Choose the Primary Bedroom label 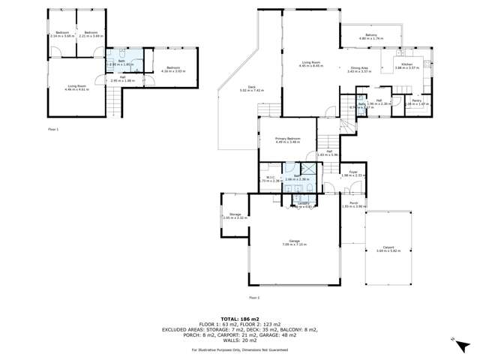tap(286, 139)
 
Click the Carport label tap(388, 247)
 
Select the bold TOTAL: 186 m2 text tap(239, 319)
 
